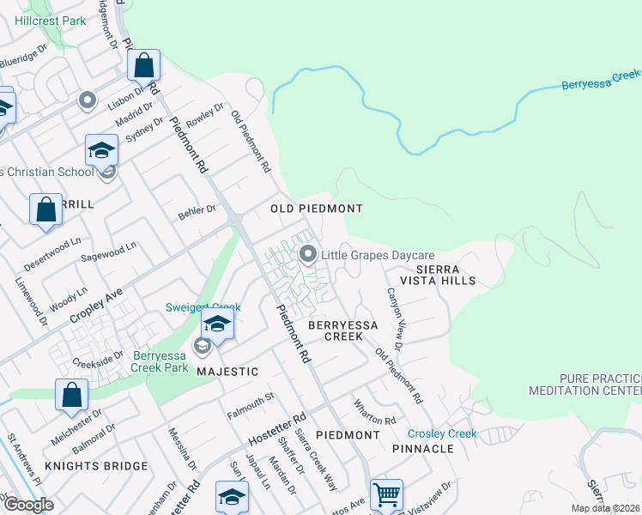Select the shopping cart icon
tap(386, 494)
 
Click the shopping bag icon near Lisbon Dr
tap(144, 65)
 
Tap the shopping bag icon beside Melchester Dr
tap(72, 395)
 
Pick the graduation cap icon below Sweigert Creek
tap(217, 325)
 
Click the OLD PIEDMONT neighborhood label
tap(317, 209)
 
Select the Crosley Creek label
tap(442, 434)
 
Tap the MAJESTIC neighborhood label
tap(227, 372)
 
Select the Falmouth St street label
tap(250, 402)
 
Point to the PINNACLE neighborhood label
tap(422, 449)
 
